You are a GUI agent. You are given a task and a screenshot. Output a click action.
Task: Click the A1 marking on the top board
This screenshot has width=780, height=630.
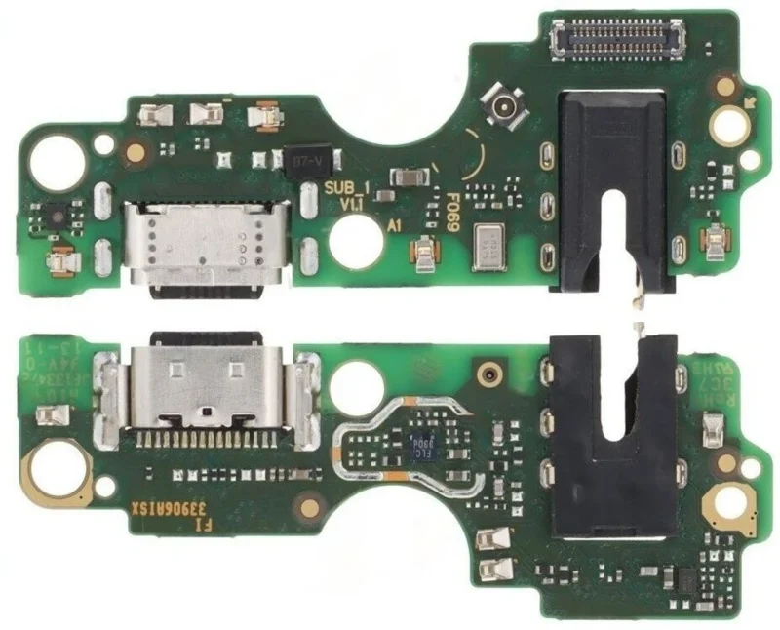coord(395,224)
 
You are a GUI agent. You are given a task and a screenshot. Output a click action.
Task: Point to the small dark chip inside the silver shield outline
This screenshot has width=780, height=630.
coord(422,445)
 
